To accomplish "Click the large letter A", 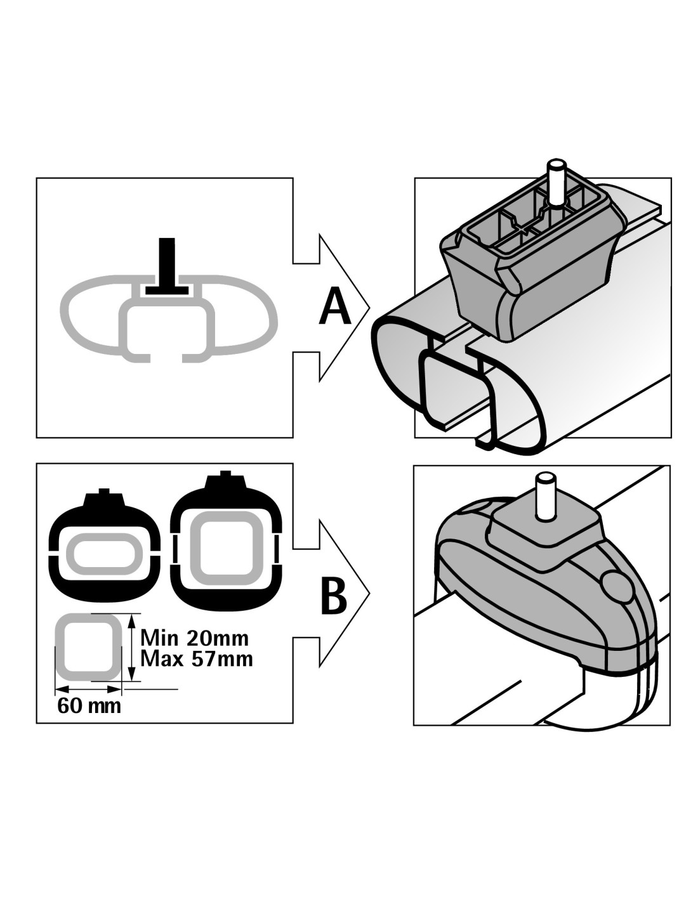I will (x=335, y=307).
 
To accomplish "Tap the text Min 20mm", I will (x=194, y=636).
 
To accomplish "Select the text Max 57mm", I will (x=196, y=659).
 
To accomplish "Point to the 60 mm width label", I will (x=89, y=705).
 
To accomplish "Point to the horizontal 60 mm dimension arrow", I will (x=88, y=689).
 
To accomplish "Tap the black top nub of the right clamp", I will (x=225, y=481).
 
